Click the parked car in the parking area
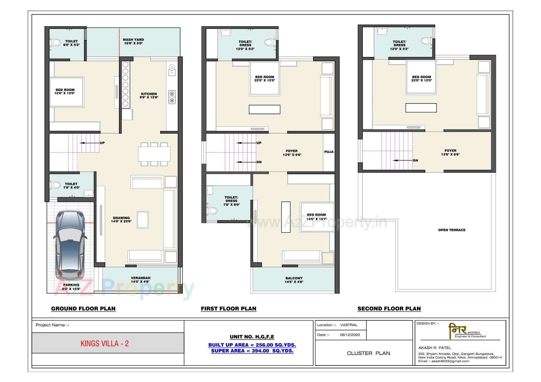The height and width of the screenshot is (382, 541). [x=70, y=245]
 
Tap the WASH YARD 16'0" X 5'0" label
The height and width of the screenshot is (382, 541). [x=133, y=42]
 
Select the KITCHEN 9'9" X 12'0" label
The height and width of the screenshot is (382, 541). [x=149, y=96]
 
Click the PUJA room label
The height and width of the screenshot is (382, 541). [x=329, y=152]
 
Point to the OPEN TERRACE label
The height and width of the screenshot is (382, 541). [x=452, y=230]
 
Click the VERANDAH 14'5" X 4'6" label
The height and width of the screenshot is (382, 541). [x=140, y=280]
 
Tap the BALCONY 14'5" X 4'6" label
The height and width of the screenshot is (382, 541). [x=294, y=280]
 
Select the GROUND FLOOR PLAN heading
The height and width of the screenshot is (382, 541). [x=83, y=309]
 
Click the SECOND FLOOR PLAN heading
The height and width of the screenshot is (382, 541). [x=389, y=309]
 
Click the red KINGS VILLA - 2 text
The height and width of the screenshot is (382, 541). [x=105, y=343]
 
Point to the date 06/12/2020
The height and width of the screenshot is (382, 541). [x=350, y=335]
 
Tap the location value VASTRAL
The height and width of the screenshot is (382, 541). [x=349, y=325]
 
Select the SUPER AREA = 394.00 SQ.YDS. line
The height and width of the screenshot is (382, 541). [x=252, y=351]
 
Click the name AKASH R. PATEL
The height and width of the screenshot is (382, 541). [x=434, y=348]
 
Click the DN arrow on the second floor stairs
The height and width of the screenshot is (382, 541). [x=403, y=160]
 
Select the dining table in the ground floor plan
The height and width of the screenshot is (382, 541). [x=154, y=154]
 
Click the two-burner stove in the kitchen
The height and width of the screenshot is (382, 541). [x=172, y=97]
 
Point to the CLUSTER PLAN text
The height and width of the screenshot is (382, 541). [x=368, y=353]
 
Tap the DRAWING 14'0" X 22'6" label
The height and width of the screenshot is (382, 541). [x=121, y=220]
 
